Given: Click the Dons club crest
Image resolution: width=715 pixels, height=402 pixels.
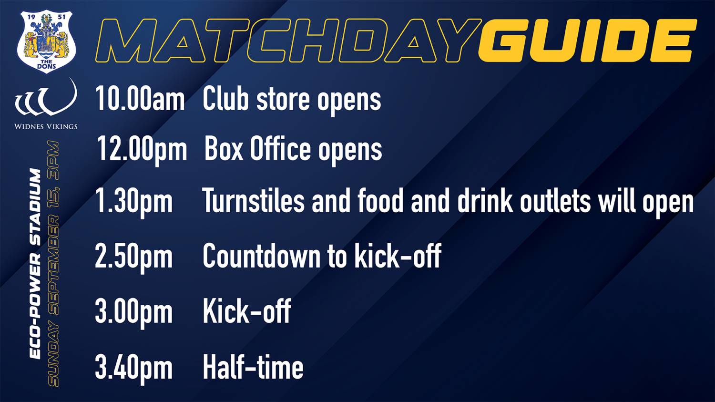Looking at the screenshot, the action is pyautogui.click(x=46, y=41).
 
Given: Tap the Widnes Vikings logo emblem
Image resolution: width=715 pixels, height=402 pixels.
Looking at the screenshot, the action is pyautogui.click(x=46, y=97).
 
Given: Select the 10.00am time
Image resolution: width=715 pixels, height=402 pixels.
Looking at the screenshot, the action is pyautogui.click(x=140, y=99).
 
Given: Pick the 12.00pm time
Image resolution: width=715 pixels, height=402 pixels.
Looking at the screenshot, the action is pyautogui.click(x=142, y=149).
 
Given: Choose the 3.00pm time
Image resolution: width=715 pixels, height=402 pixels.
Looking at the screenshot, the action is pyautogui.click(x=134, y=312).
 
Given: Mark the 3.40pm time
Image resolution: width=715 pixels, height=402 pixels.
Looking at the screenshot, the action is pyautogui.click(x=134, y=368).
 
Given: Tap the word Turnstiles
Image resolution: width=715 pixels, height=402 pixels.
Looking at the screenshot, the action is pyautogui.click(x=253, y=200).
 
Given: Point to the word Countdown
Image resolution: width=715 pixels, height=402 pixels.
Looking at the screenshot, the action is pyautogui.click(x=261, y=256).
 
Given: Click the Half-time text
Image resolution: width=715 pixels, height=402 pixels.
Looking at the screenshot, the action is pyautogui.click(x=253, y=367).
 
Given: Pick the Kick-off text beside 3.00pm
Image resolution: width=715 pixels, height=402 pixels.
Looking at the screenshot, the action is pyautogui.click(x=247, y=311).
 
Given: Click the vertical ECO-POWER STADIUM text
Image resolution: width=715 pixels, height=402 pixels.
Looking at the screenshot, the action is pyautogui.click(x=35, y=264).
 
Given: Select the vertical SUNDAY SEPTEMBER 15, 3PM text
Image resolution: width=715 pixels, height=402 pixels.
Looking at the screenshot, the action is pyautogui.click(x=53, y=264).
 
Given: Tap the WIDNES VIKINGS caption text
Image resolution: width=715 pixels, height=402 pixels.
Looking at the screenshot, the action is pyautogui.click(x=46, y=126).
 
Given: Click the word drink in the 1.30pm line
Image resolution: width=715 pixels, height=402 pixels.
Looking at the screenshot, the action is pyautogui.click(x=485, y=200).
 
